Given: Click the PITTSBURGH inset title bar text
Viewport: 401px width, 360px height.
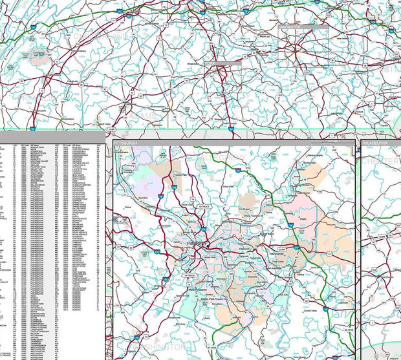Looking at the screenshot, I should [125, 142].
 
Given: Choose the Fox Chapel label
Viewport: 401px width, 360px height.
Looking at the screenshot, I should [245, 209].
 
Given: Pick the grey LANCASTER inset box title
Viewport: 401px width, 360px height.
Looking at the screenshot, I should [303, 28].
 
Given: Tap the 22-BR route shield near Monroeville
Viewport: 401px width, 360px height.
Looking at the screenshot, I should [281, 248].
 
